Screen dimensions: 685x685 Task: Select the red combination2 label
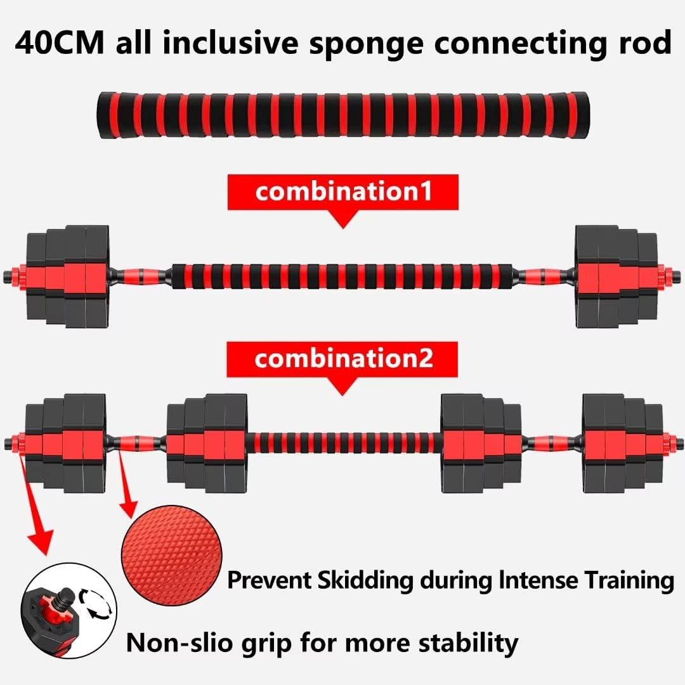point(343,359)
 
